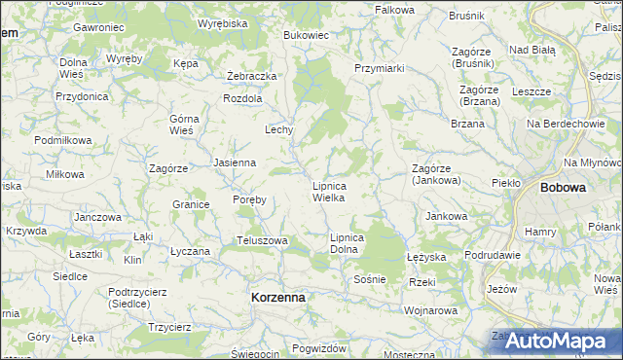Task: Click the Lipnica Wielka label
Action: tap(328, 191)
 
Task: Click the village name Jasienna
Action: tap(234, 162)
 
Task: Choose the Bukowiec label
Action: tap(306, 35)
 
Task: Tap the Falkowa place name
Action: tap(394, 9)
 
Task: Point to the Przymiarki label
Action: tap(380, 68)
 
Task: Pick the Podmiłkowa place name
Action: tap(62, 140)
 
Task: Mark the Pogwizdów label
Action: tap(318, 348)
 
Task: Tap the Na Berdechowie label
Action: tap(566, 124)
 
